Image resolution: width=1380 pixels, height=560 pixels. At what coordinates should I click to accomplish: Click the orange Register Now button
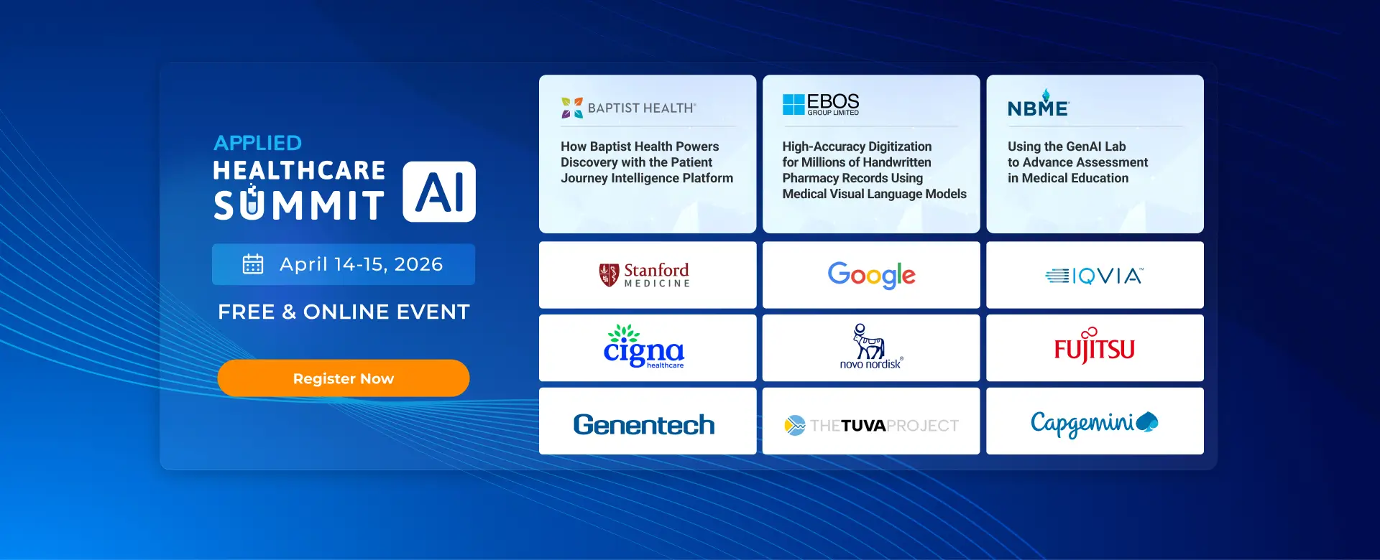(x=344, y=378)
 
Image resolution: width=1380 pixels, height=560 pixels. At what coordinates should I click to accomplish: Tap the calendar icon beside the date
(x=253, y=264)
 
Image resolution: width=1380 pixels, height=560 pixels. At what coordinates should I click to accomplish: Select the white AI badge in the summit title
(x=439, y=192)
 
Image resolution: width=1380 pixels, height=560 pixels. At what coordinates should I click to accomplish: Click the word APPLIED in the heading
(x=258, y=143)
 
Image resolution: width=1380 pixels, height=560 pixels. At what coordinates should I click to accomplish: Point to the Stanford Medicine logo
(x=644, y=275)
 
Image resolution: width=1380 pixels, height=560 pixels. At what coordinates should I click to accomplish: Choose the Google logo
(x=872, y=275)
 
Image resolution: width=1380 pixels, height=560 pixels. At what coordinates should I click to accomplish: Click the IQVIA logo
(x=1094, y=276)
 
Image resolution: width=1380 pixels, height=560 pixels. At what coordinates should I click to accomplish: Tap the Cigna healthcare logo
(x=644, y=347)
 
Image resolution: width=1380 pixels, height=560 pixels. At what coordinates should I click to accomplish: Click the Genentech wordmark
(x=644, y=424)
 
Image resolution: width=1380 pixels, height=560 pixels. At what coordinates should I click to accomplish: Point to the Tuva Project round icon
(x=795, y=426)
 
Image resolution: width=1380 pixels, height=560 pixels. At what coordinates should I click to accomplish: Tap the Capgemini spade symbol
(x=1147, y=422)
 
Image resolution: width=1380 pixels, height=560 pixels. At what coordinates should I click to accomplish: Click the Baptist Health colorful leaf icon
(x=572, y=108)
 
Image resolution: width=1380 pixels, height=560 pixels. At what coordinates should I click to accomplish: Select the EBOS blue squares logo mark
(x=793, y=104)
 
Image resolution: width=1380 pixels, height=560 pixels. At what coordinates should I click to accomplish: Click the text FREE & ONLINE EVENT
(x=344, y=312)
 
